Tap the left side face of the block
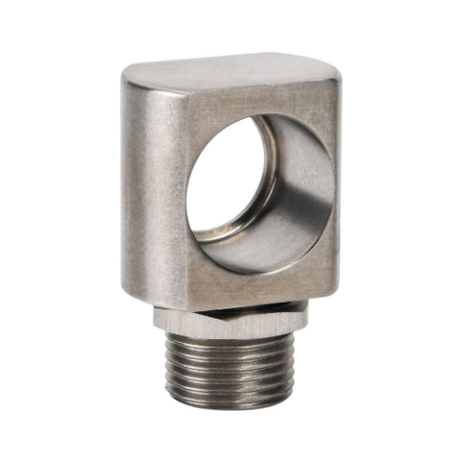tap(150, 187)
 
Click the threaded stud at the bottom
tap(230, 370)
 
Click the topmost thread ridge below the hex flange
tap(230, 345)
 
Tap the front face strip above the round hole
tap(262, 103)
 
